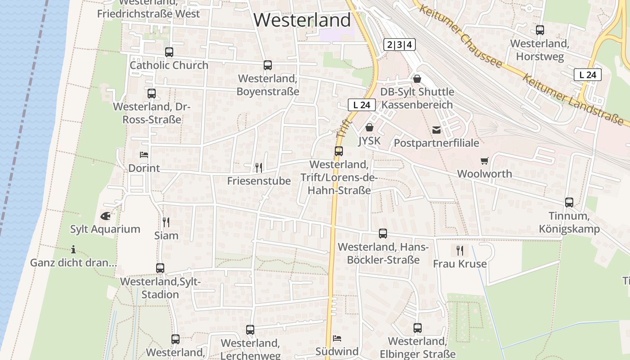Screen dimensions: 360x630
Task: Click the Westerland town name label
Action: click(302, 20)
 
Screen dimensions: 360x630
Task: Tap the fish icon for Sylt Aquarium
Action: click(105, 216)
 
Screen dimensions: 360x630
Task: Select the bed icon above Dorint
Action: click(144, 155)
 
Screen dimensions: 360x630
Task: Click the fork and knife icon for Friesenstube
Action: click(259, 168)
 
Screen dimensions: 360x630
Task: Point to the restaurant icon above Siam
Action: click(166, 222)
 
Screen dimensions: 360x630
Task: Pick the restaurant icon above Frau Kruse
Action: click(459, 250)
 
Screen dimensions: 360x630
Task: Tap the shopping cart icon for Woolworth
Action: click(484, 161)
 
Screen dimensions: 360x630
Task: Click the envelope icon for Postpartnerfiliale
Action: click(436, 130)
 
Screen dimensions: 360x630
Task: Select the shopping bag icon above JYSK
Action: click(369, 127)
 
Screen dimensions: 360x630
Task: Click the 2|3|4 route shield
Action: click(400, 45)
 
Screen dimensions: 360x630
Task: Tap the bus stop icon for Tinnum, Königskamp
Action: click(569, 202)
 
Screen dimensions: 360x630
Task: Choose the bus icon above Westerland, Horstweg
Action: click(540, 30)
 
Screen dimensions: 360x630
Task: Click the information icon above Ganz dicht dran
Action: click(73, 249)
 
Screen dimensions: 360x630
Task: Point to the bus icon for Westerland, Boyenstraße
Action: click(268, 65)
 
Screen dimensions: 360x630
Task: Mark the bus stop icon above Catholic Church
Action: click(169, 52)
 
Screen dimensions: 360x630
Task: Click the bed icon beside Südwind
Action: click(337, 338)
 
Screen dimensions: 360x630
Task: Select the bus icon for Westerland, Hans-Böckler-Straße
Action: click(382, 234)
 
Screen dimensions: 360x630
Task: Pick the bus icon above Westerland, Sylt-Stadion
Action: click(160, 268)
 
